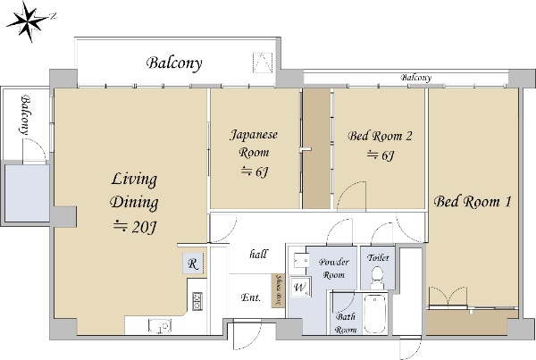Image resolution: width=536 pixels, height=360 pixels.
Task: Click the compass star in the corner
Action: (x=28, y=21)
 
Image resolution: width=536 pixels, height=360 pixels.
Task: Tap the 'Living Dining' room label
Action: (x=134, y=190)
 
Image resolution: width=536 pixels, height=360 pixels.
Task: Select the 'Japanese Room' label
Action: (x=254, y=143)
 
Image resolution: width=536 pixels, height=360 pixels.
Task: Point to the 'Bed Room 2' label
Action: (x=380, y=136)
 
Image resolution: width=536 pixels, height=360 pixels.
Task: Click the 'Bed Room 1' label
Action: (x=473, y=201)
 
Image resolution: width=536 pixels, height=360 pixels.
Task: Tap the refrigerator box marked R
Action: (x=193, y=264)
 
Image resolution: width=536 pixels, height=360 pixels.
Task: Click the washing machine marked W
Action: (x=300, y=287)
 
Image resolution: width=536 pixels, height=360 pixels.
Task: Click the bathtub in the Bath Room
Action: (x=375, y=314)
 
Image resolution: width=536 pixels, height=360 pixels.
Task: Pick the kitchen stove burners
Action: (x=197, y=301)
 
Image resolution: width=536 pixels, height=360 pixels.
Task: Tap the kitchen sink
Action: (x=160, y=325)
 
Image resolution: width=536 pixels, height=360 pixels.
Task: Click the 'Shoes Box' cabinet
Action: (x=279, y=290)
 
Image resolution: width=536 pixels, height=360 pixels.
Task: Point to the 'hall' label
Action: (x=258, y=254)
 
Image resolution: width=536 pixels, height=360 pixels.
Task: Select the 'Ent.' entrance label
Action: (x=250, y=297)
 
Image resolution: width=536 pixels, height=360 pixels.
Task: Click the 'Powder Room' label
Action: (x=333, y=268)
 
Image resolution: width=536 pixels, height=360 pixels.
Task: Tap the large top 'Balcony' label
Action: (x=174, y=63)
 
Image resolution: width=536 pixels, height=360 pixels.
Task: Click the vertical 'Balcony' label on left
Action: (x=25, y=115)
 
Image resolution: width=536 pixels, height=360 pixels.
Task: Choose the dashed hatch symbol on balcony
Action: (x=263, y=63)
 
